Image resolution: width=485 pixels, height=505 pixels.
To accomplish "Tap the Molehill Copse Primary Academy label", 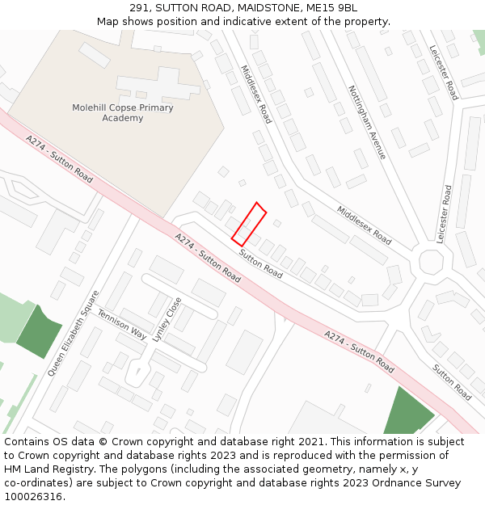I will point(122,113).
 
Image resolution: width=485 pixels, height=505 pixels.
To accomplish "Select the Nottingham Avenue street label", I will point(367,122).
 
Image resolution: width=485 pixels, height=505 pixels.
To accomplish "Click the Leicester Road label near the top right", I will point(444,73).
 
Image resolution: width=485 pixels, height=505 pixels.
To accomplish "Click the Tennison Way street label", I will point(122,323).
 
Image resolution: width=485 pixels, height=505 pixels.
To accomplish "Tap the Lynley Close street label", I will point(167,319).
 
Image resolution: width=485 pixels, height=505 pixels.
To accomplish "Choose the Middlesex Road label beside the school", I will point(256,94).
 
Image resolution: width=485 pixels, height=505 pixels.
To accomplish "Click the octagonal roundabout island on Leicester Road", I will point(431,262).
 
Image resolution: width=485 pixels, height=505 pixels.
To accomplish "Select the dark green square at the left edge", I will point(39,331).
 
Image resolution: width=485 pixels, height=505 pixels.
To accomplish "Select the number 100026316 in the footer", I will point(33,496).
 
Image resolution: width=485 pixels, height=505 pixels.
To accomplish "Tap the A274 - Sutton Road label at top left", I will point(59,158).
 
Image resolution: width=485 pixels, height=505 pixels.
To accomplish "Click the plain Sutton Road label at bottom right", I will point(452,382).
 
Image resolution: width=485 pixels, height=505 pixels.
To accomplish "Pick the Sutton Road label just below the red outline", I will point(260,263).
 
